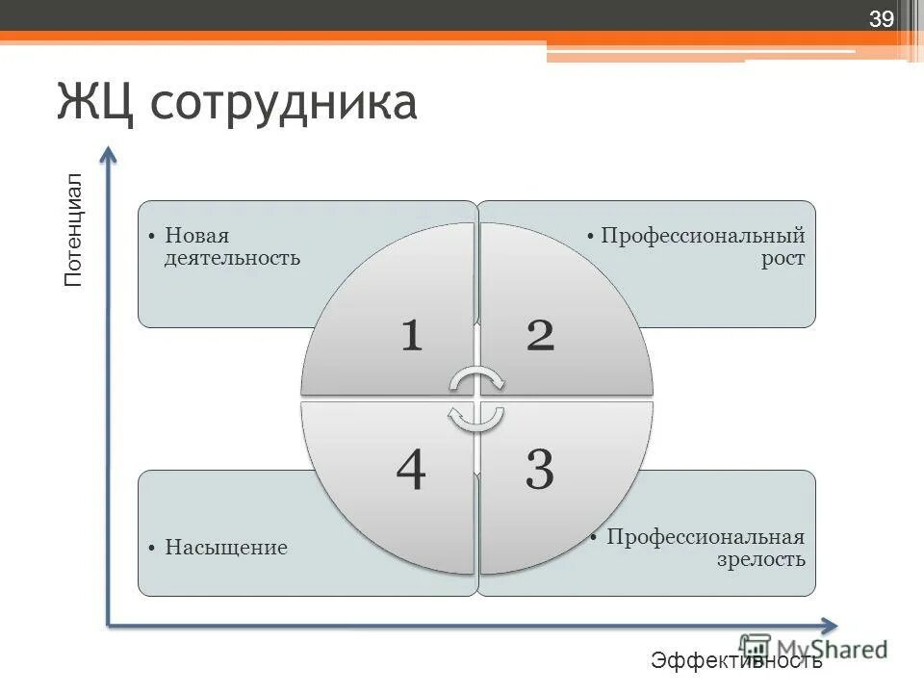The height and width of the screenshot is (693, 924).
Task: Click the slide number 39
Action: (882, 20)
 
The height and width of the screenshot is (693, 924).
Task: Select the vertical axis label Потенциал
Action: (74, 230)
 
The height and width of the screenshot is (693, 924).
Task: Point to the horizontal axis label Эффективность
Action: (736, 660)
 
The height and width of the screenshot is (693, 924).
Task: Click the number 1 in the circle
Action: (411, 335)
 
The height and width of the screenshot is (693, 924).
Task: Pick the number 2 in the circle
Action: (540, 335)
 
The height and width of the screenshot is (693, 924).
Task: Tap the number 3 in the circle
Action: (539, 471)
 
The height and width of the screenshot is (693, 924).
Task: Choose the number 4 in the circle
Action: (411, 471)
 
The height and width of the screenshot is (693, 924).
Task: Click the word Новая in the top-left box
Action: (196, 236)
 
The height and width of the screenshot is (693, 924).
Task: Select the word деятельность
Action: (232, 258)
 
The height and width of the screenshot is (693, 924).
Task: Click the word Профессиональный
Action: (703, 236)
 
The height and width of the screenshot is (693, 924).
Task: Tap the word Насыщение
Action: (225, 548)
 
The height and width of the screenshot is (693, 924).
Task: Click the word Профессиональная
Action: (705, 536)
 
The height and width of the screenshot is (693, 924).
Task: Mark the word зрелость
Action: (760, 559)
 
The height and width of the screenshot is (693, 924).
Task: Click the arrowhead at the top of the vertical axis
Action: (109, 155)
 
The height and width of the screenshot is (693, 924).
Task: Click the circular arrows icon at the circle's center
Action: (476, 398)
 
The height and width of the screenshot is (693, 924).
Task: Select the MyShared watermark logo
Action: (813, 648)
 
